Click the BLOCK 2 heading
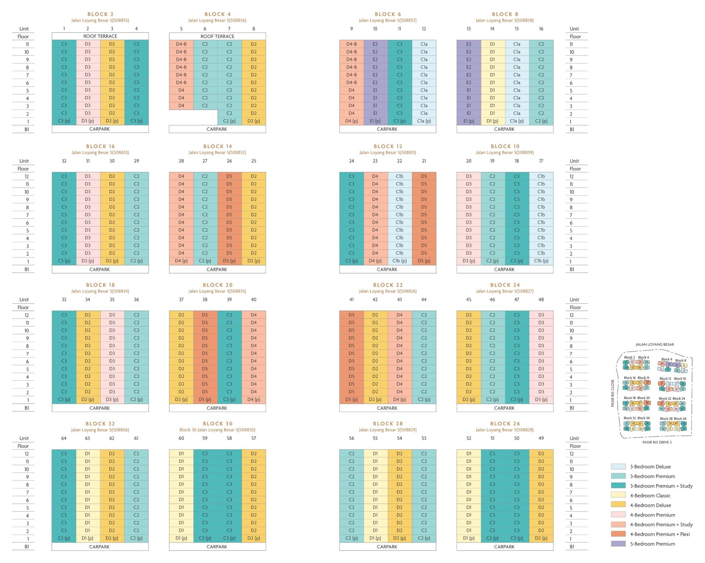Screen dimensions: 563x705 tap(100, 14)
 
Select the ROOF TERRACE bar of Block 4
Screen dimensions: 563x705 tap(217, 36)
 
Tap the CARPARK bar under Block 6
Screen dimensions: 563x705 tap(387, 129)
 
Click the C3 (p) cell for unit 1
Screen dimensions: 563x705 tap(64, 121)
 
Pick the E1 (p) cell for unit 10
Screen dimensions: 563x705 tap(375, 121)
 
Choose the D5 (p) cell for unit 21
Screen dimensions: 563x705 tap(424, 261)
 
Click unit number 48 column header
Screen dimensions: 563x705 tap(541, 300)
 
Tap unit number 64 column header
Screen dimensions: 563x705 tap(64, 438)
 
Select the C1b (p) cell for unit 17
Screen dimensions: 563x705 tap(541, 261)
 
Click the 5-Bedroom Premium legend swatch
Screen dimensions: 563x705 tap(618, 544)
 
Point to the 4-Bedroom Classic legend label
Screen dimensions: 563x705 tap(650, 496)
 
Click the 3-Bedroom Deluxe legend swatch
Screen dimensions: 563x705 tap(618, 467)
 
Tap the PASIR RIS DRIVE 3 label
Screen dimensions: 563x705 tap(657, 442)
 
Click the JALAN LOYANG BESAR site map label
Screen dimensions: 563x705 tap(655, 344)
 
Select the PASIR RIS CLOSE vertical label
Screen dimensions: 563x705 tap(612, 393)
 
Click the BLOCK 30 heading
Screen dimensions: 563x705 tap(217, 424)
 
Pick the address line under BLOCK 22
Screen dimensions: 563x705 tap(387, 291)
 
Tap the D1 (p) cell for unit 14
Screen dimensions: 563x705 tap(492, 121)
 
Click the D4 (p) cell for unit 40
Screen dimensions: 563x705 tap(253, 400)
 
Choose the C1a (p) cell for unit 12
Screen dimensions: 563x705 tap(424, 121)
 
